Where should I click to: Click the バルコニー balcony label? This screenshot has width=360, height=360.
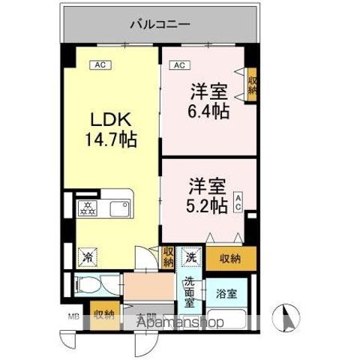160,24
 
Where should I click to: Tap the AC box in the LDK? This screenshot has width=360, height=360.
99,65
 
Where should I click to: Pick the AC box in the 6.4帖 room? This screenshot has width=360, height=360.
179,65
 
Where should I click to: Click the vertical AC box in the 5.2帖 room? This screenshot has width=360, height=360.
238,201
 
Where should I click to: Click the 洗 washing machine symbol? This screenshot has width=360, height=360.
192,256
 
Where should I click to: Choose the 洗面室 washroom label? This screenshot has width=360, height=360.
190,292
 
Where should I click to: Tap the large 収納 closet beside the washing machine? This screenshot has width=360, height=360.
230,259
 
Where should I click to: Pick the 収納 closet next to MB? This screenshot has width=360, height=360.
103,314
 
